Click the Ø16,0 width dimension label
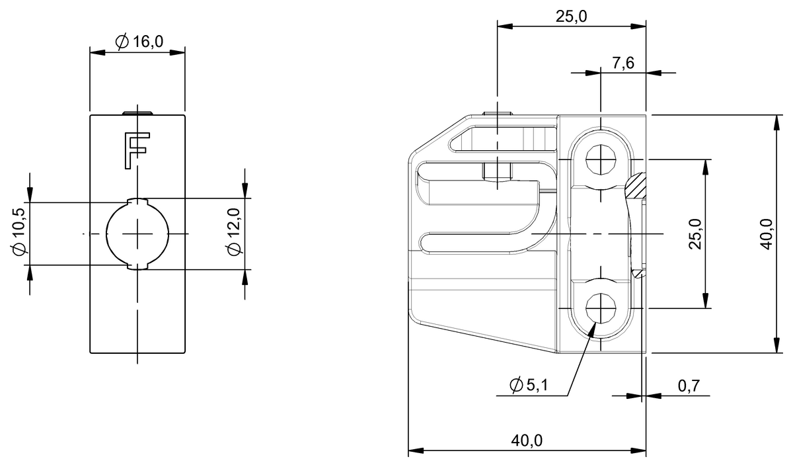pos(139,42)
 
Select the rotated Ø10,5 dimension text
pos(19,232)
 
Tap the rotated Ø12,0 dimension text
pos(233,232)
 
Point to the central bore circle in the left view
pos(138,233)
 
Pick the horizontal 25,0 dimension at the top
pos(571,17)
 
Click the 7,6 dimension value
pos(623,63)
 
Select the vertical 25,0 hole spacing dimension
pos(695,233)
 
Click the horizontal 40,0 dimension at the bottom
pos(527,441)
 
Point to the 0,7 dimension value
pos(689,386)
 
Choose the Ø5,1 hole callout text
pos(529,386)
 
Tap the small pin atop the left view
pos(138,112)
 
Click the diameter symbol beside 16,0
pos(122,42)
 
